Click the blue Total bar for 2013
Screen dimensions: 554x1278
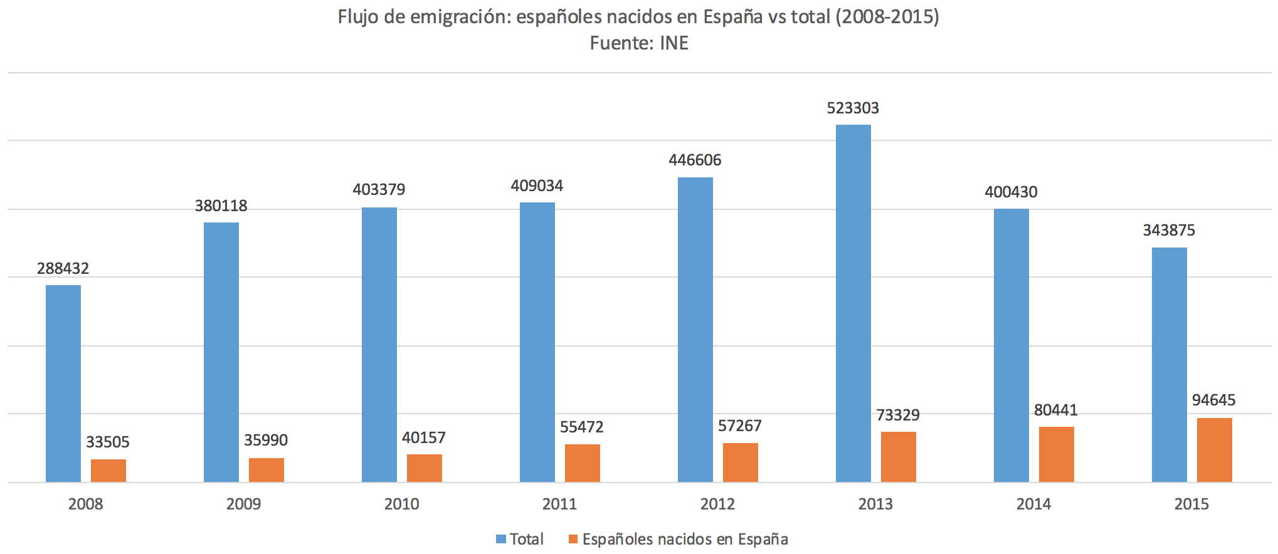point(853,303)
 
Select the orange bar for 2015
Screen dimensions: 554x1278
point(1214,450)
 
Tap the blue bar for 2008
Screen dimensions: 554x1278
point(63,384)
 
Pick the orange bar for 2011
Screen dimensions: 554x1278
point(582,463)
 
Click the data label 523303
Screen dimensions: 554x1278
point(853,108)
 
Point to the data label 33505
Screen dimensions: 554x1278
point(108,442)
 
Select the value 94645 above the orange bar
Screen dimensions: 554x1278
point(1213,400)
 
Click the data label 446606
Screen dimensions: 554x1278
point(695,160)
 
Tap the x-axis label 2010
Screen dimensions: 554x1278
point(401,504)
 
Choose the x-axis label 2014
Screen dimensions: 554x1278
point(1033,504)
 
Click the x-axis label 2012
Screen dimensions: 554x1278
point(717,504)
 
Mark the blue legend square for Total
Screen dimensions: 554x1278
point(501,539)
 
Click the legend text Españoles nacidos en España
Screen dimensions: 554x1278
point(685,540)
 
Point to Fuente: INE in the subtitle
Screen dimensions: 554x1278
point(639,43)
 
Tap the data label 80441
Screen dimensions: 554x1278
point(1055,410)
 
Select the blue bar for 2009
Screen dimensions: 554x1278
point(221,352)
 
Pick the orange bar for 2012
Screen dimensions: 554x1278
point(740,463)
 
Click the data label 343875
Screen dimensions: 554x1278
point(1169,231)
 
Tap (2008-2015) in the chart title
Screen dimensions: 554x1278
point(887,17)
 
